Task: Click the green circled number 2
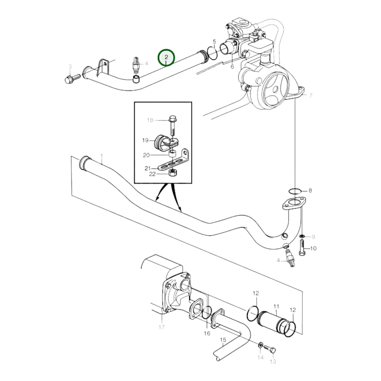pos(166,57)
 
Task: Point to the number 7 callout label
pos(311,95)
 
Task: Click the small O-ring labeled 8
pos(294,191)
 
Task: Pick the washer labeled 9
pos(302,235)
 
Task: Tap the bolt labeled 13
pos(271,350)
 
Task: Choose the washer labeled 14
pos(261,344)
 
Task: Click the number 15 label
pos(223,340)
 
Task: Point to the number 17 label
pos(162,327)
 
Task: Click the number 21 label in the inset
pos(147,168)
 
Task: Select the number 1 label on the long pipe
pos(102,156)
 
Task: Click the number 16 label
pos(207,333)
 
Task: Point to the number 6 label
pos(232,67)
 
